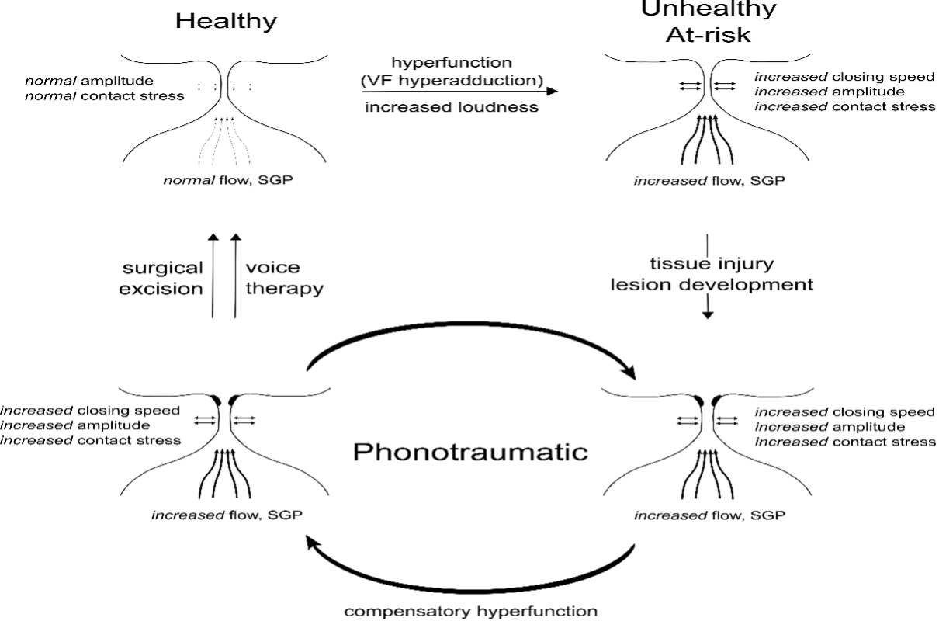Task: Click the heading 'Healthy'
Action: tap(226, 21)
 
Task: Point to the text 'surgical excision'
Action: tap(164, 278)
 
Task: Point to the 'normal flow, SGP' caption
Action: tap(224, 182)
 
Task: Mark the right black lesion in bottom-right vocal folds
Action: tap(715, 401)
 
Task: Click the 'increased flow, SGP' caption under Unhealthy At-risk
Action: tap(709, 182)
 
